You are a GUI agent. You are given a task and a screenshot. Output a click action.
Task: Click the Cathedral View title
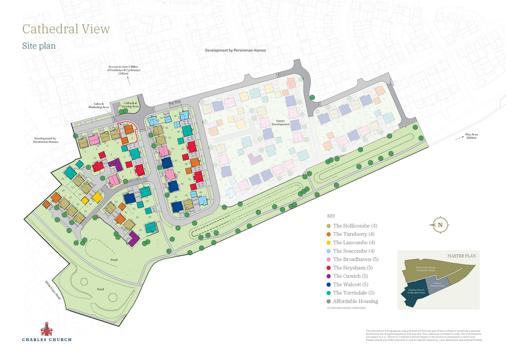[66, 29]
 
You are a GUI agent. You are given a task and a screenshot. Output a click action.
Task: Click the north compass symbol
[440, 225]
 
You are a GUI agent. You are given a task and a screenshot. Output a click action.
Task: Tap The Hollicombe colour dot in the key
[329, 226]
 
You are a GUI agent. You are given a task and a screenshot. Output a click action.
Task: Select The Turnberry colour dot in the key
[329, 234]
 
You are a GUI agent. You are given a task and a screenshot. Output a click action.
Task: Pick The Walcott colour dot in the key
[329, 284]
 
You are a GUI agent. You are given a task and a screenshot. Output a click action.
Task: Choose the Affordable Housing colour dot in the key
[329, 301]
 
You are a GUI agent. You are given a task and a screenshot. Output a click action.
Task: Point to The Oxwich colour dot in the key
[329, 276]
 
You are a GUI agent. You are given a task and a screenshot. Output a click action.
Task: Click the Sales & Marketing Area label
[99, 105]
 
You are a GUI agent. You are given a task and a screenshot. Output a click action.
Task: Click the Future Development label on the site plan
[281, 122]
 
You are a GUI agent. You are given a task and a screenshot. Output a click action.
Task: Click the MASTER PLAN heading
[461, 256]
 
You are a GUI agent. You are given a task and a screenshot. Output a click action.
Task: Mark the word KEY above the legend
[331, 216]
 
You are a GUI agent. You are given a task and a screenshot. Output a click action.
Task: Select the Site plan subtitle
[39, 46]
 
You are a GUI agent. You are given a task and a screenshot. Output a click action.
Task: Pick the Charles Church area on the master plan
[416, 292]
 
